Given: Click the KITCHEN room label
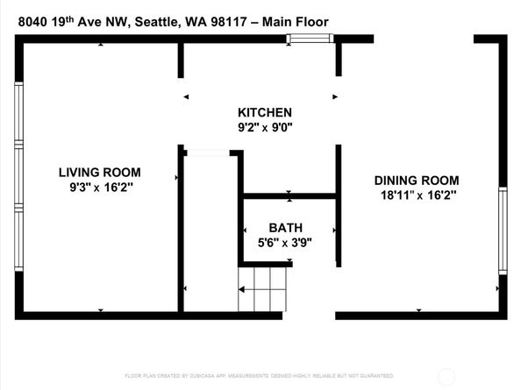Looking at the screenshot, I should coord(264,113).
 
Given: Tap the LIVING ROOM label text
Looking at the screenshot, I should coord(99,173).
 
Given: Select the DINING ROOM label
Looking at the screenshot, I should coord(417,180).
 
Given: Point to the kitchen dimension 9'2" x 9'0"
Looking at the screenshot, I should coord(264,128).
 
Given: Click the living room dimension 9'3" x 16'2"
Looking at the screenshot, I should coord(99,188).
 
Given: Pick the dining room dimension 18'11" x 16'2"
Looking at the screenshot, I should coord(417,195).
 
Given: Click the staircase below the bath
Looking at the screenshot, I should coord(263,290).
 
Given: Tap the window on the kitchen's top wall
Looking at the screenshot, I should coord(311,38).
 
